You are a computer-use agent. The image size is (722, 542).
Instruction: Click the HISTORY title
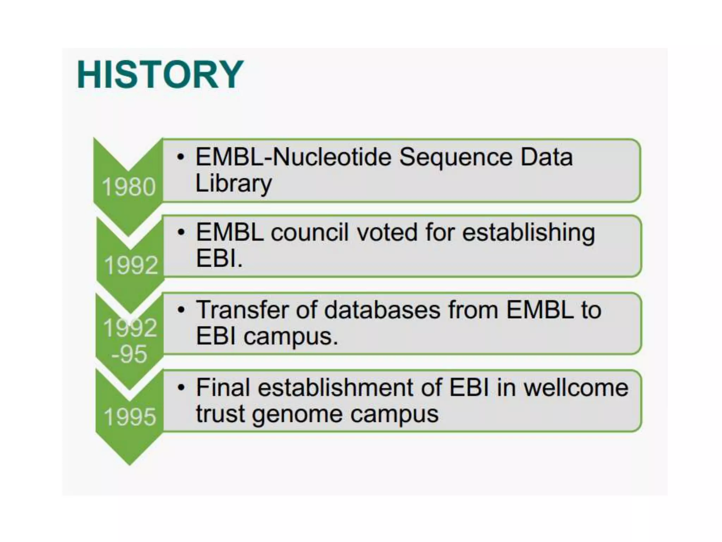[x=160, y=75]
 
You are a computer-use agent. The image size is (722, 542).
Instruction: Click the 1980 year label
[x=129, y=187]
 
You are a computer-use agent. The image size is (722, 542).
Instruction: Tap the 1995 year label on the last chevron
[x=130, y=417]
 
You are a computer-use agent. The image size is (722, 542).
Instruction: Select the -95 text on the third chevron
[x=129, y=354]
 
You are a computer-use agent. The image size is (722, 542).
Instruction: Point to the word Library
[x=233, y=183]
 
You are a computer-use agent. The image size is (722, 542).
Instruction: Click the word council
[x=310, y=233]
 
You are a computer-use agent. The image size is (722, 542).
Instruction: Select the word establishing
[x=528, y=233]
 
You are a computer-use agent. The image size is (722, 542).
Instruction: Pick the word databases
[x=383, y=310]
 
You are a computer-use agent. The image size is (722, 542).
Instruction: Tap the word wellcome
[x=576, y=387]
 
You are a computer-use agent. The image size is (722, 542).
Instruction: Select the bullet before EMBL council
[x=181, y=233]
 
